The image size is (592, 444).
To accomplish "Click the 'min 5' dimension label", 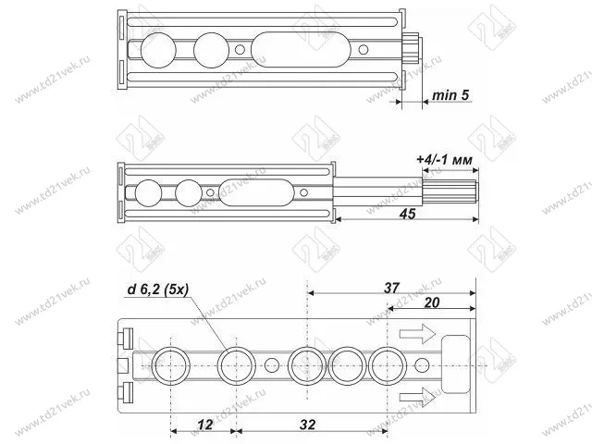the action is (x=450, y=95).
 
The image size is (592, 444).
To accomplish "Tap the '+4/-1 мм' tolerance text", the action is (x=444, y=160).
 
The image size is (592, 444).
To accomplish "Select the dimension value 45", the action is (x=407, y=214).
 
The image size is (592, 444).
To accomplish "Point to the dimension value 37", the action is (x=391, y=288).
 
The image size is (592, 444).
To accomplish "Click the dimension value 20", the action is (x=432, y=302).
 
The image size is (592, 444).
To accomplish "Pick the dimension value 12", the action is (x=205, y=425).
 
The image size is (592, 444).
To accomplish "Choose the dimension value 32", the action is (x=307, y=425).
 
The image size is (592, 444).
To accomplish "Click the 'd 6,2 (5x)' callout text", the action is (x=158, y=290).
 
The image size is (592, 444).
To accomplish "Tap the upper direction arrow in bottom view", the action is (x=417, y=334).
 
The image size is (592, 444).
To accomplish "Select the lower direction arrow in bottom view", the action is (x=417, y=397).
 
